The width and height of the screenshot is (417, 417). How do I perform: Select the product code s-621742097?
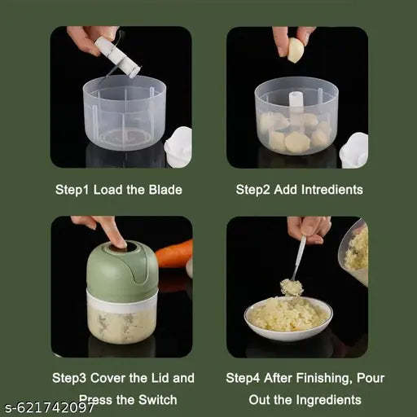click(49, 407)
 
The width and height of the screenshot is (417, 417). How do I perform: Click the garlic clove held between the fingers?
click(295, 51)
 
